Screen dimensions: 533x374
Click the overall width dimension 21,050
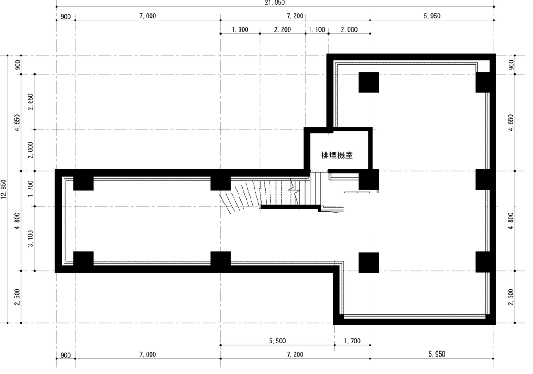[274, 3]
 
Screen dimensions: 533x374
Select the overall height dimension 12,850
[4, 189]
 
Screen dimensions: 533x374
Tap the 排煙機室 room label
[337, 155]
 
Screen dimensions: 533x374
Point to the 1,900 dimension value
[240, 29]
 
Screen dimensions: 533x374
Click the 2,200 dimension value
[282, 29]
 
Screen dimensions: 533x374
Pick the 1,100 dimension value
[317, 29]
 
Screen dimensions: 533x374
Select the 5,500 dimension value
[277, 341]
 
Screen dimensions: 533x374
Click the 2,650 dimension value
[31, 102]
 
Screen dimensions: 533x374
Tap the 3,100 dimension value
[31, 239]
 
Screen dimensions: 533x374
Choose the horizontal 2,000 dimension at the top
[349, 29]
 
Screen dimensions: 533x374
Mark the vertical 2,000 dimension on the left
[31, 150]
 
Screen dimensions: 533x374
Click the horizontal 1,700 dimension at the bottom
[352, 341]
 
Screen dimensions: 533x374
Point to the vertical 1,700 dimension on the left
[31, 189]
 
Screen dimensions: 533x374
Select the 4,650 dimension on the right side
[511, 123]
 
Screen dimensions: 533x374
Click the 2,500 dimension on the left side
[17, 297]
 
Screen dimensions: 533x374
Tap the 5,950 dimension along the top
[432, 16]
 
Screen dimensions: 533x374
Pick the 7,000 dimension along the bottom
[148, 354]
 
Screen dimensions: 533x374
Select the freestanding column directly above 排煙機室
[369, 83]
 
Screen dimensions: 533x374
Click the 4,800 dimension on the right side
[511, 221]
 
